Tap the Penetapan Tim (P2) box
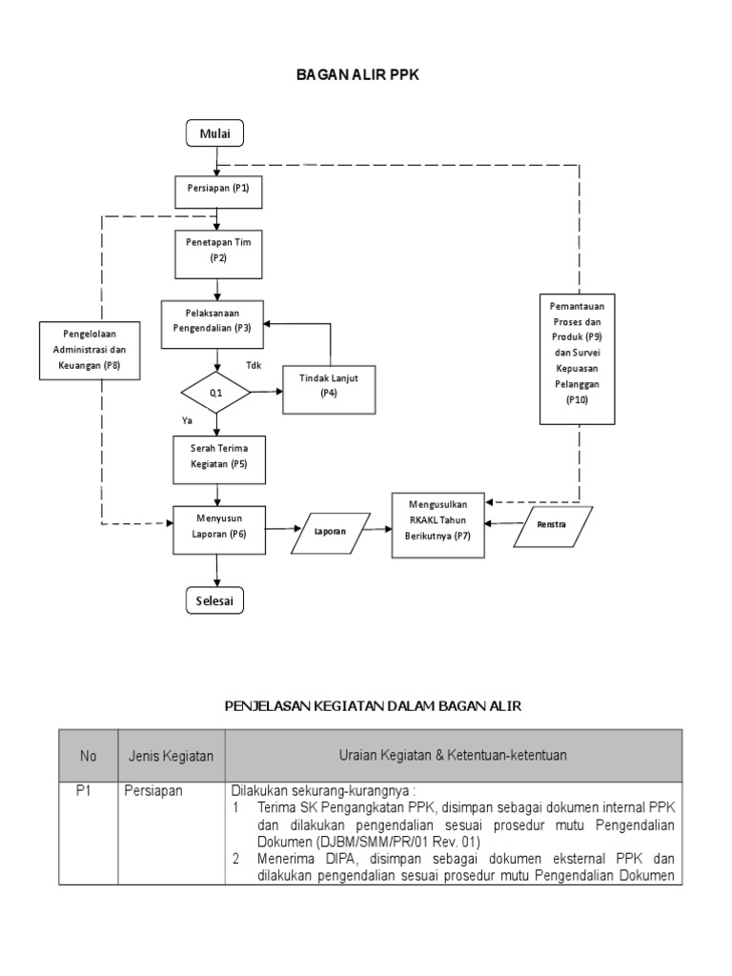point(218,251)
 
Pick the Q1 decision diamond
point(216,393)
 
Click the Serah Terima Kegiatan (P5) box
point(218,457)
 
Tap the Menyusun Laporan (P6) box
point(218,527)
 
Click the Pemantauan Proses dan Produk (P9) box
point(577,356)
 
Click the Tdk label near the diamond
point(253,366)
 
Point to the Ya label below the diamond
point(187,419)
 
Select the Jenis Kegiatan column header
point(171,756)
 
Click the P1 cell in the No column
point(88,790)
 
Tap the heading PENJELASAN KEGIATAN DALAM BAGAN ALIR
point(373,705)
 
